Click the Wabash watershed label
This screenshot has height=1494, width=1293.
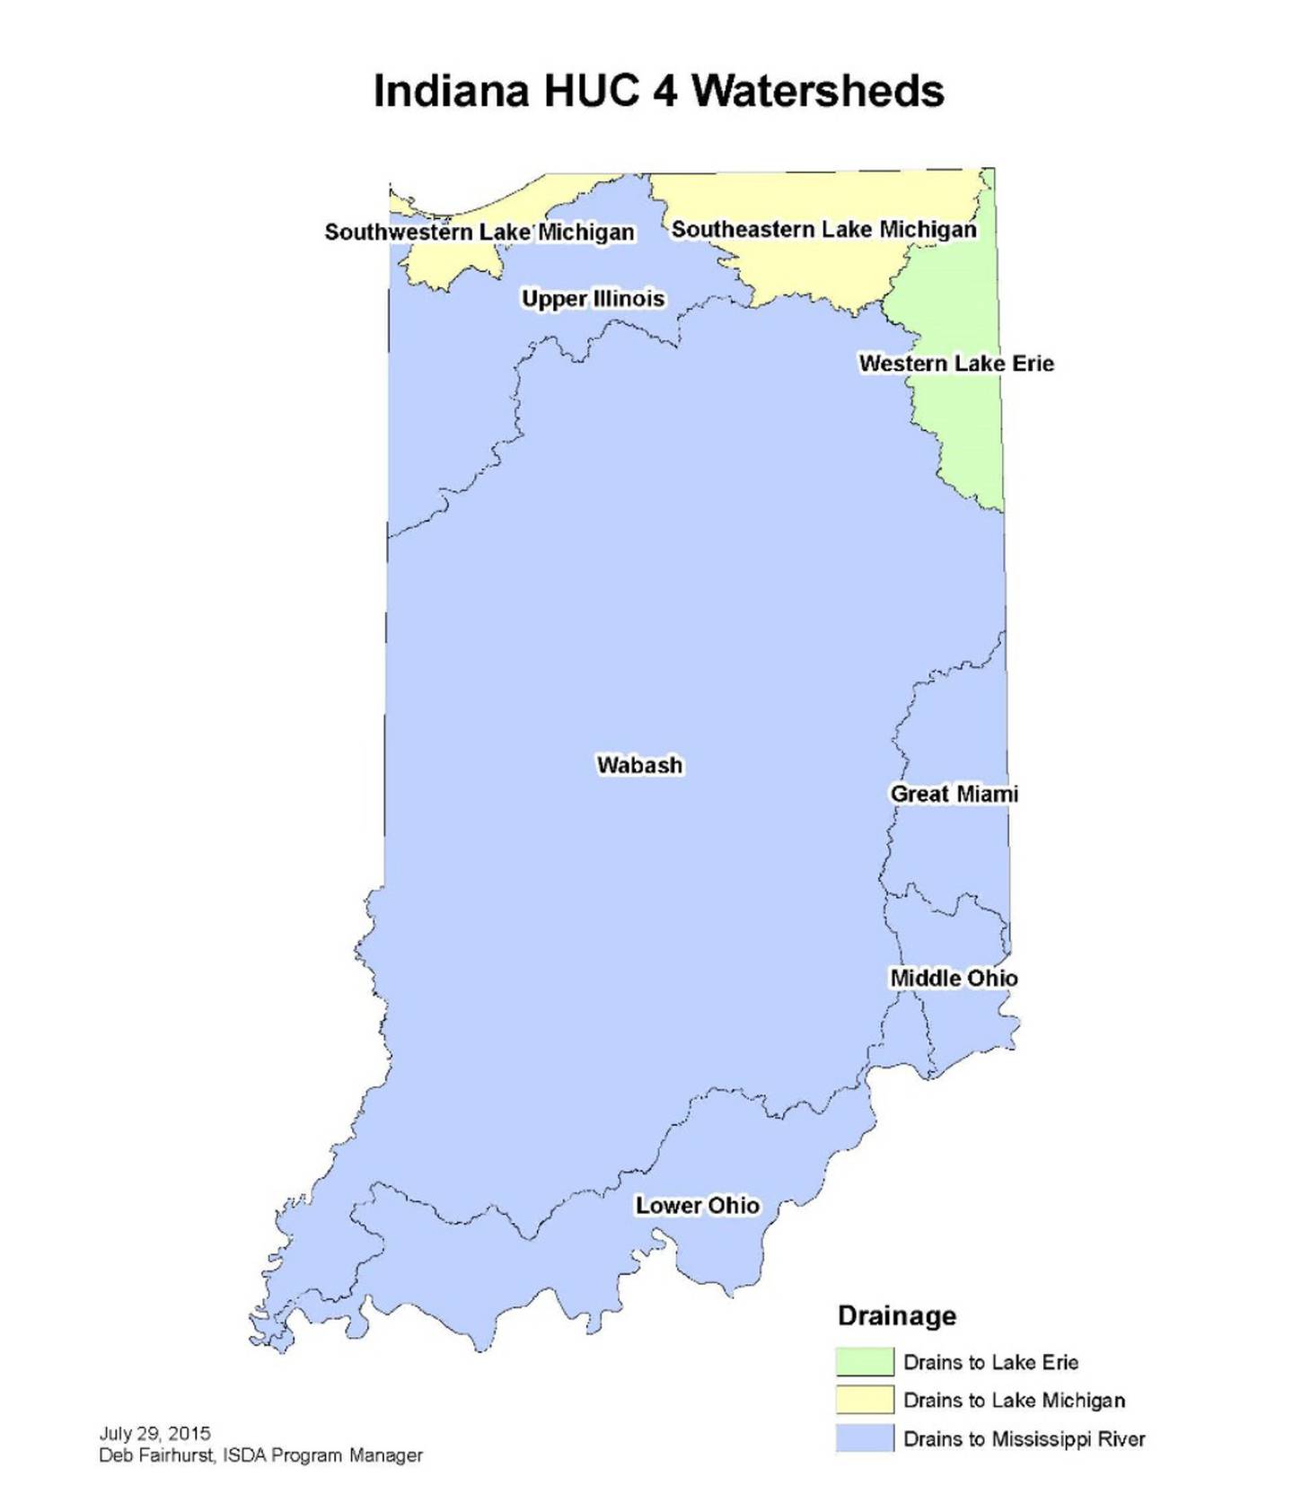[x=639, y=765]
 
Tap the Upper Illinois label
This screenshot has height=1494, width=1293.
[x=593, y=298]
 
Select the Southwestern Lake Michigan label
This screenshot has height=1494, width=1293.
[x=479, y=232]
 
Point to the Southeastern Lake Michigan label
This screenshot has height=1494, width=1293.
[x=823, y=230]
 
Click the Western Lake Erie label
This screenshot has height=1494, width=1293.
[x=955, y=364]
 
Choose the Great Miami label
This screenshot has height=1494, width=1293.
[x=954, y=794]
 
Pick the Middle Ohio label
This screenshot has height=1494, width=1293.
[x=954, y=978]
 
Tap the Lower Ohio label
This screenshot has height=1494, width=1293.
[x=697, y=1205]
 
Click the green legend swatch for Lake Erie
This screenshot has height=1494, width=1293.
[x=864, y=1361]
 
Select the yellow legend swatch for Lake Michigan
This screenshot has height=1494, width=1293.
[x=864, y=1399]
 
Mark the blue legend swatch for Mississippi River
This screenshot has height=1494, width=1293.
[x=864, y=1437]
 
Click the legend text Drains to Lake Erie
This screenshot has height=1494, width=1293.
[x=990, y=1362]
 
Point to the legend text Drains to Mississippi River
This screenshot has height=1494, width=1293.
[x=1024, y=1438]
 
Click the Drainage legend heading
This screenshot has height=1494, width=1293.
[x=896, y=1315]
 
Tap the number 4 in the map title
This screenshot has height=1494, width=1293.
[x=664, y=92]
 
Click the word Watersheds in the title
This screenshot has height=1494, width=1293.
[x=818, y=92]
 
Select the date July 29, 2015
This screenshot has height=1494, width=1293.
[x=154, y=1433]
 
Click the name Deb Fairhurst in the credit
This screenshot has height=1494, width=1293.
[x=154, y=1455]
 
